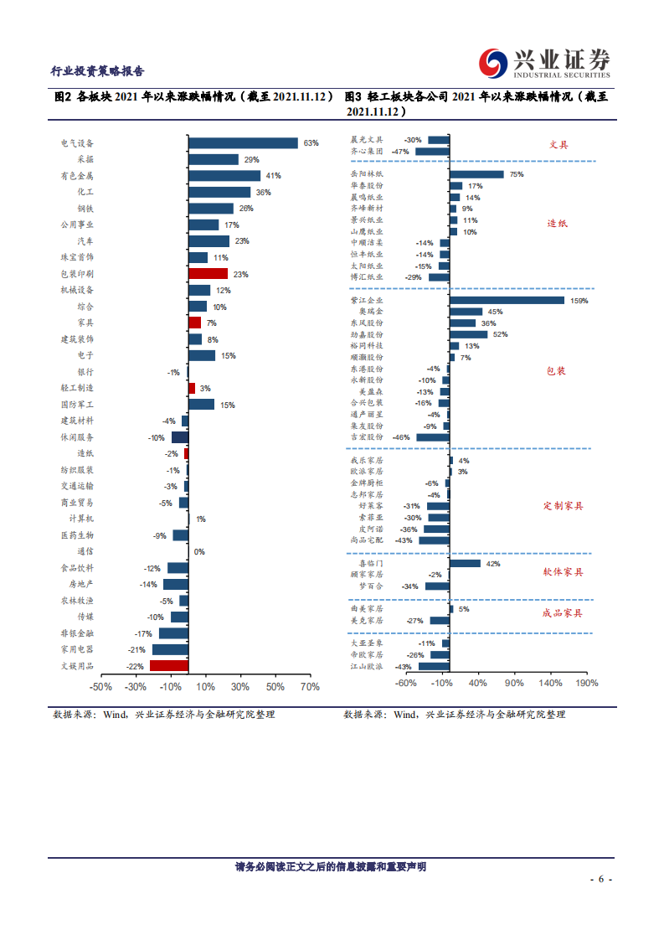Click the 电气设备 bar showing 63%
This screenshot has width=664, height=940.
(x=243, y=143)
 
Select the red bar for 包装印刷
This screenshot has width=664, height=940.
(x=208, y=274)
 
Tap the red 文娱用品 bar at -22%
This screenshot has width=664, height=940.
(x=168, y=666)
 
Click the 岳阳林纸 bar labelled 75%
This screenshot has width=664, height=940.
(x=476, y=174)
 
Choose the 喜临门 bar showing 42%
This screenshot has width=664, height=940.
(x=465, y=564)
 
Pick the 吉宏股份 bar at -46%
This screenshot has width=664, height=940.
(x=433, y=437)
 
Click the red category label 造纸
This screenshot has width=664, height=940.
(x=558, y=224)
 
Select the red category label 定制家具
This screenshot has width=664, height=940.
(x=563, y=506)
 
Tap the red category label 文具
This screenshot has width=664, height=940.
(x=558, y=145)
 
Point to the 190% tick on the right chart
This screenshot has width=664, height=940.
(x=586, y=684)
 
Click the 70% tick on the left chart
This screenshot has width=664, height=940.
(x=309, y=688)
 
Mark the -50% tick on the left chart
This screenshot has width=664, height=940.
(x=100, y=688)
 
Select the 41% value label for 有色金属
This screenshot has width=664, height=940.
(x=273, y=176)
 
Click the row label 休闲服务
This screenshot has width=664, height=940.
(x=77, y=437)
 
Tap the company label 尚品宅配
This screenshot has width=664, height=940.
(x=367, y=540)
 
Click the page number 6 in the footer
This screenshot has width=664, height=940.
(x=600, y=880)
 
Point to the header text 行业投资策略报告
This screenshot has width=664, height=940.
(x=97, y=71)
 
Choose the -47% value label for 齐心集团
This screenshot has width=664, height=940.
(x=399, y=152)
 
